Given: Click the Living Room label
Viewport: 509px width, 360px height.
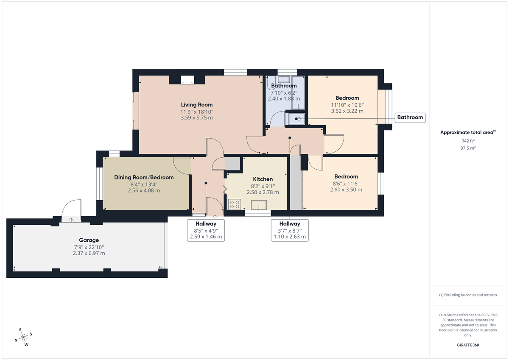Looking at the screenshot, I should (x=196, y=105).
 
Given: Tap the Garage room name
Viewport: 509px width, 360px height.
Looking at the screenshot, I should (x=89, y=240).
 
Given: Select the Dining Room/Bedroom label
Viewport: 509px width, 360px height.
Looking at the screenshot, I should (x=144, y=177).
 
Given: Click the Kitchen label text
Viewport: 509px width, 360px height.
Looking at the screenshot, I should (x=263, y=179).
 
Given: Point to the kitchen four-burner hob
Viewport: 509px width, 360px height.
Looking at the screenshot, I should (x=234, y=204).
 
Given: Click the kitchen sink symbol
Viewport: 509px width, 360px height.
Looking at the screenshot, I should (x=258, y=205).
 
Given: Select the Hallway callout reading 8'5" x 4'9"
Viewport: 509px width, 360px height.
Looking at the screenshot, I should (x=206, y=230).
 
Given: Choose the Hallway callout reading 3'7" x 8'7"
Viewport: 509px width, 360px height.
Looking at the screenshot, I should (x=290, y=230).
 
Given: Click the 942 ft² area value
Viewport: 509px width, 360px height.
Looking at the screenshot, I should (x=468, y=141).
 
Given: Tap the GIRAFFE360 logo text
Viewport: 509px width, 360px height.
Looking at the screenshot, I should (x=468, y=345).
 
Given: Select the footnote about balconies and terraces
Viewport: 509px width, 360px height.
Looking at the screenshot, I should (x=468, y=295).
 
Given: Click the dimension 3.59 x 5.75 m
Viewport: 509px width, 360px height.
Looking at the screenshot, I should (x=196, y=117).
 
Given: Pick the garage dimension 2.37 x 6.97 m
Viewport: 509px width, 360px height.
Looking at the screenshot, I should (x=89, y=253).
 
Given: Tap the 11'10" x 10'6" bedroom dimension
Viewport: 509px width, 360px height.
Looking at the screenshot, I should (x=347, y=105).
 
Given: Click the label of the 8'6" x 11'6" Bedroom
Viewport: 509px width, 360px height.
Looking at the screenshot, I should (x=346, y=176).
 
